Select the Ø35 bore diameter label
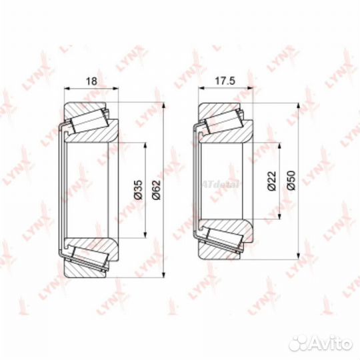click(138, 191)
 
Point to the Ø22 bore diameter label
click(271, 181)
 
